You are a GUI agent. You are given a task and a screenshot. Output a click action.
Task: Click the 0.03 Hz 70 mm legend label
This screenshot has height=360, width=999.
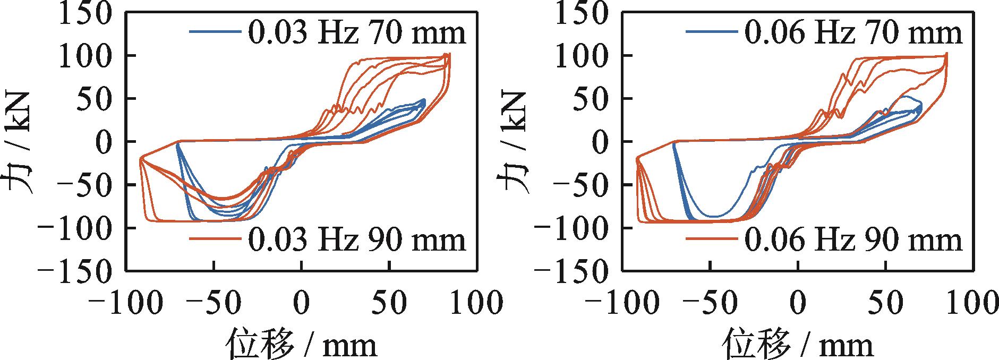[x=357, y=32]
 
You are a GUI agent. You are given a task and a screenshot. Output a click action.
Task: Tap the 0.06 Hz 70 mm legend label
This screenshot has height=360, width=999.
[x=853, y=32]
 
